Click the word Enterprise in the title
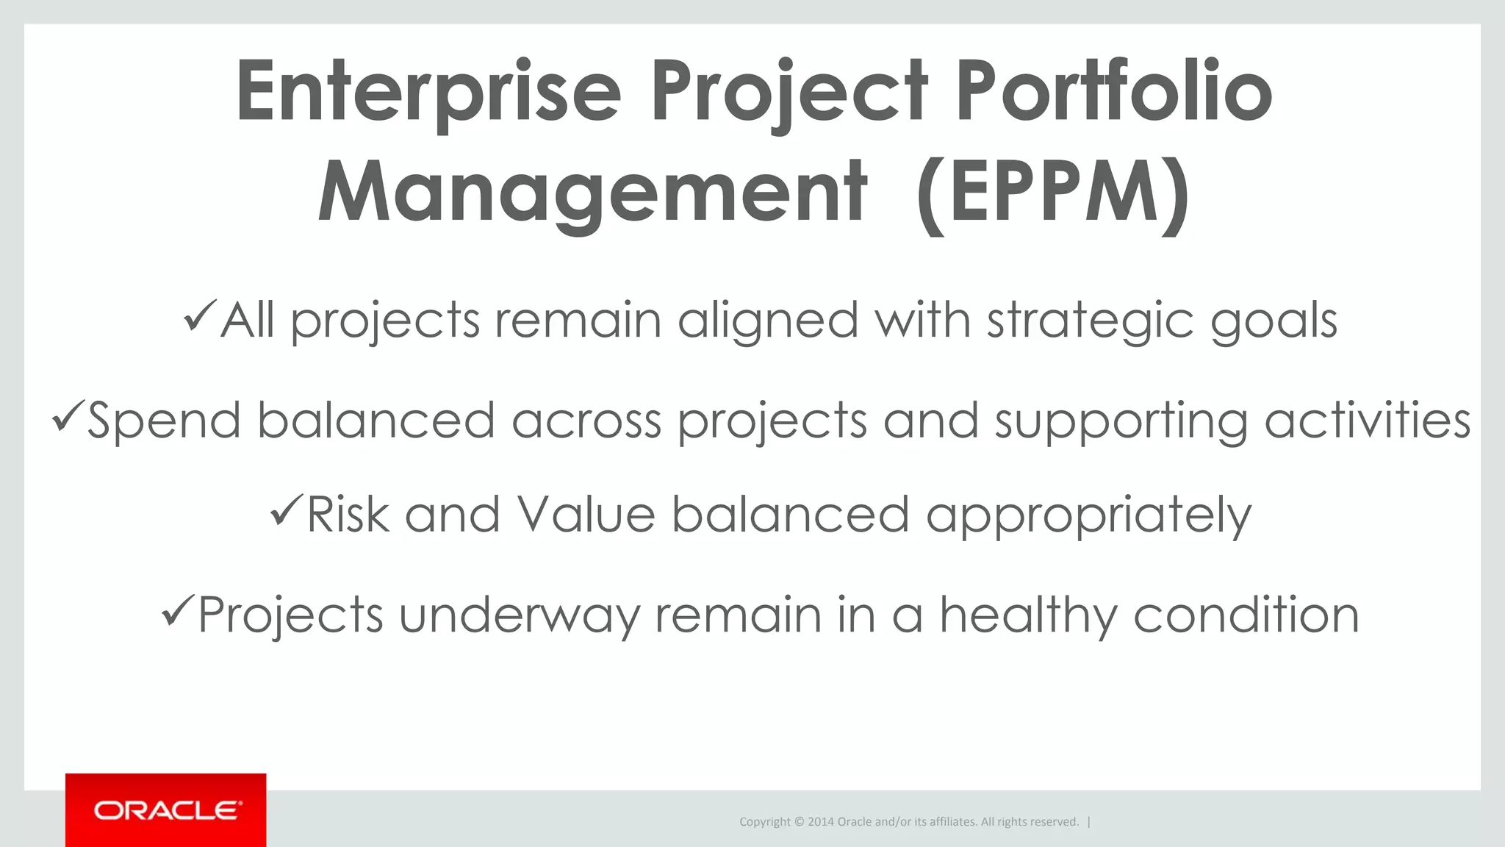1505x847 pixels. click(x=428, y=92)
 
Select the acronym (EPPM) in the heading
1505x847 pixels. click(x=1052, y=193)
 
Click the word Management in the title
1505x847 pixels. click(x=592, y=193)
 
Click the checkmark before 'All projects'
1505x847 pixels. click(x=199, y=316)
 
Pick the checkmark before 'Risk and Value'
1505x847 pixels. click(x=286, y=510)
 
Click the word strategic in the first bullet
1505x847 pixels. click(x=1089, y=321)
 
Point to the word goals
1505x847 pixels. click(x=1274, y=321)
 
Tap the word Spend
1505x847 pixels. click(x=164, y=421)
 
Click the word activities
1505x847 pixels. click(x=1367, y=421)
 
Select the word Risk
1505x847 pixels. click(x=347, y=514)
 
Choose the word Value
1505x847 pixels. click(x=586, y=514)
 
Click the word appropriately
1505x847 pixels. click(x=1088, y=515)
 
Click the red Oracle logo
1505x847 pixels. click(x=166, y=810)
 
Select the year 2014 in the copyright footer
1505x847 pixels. click(x=821, y=822)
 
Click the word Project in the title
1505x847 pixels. click(x=789, y=92)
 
